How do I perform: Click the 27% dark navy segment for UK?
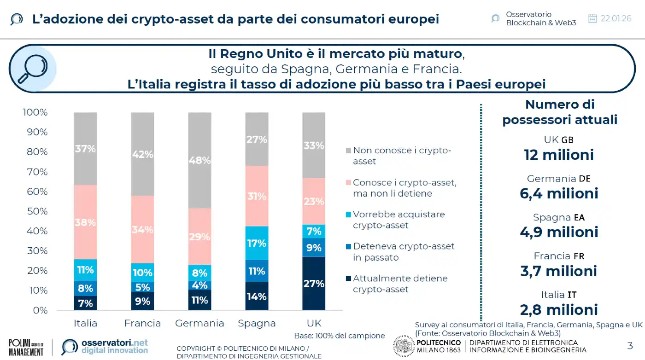(314, 283)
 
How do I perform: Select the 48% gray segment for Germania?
(199, 160)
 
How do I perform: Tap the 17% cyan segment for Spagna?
(257, 243)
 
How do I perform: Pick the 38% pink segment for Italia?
(85, 222)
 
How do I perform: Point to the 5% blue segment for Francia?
(142, 287)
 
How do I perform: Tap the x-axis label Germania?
(199, 323)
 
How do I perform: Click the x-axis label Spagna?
(257, 323)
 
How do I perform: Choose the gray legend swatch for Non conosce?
(348, 151)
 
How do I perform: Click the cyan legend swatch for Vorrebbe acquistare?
(348, 215)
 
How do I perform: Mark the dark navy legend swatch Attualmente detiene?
(348, 278)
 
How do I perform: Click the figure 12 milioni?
(559, 155)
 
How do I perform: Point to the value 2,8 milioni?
(559, 309)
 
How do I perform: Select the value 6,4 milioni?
(559, 193)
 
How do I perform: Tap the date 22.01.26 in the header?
(616, 18)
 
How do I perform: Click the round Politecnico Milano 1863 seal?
(404, 346)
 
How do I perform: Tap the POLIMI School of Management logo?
(26, 347)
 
